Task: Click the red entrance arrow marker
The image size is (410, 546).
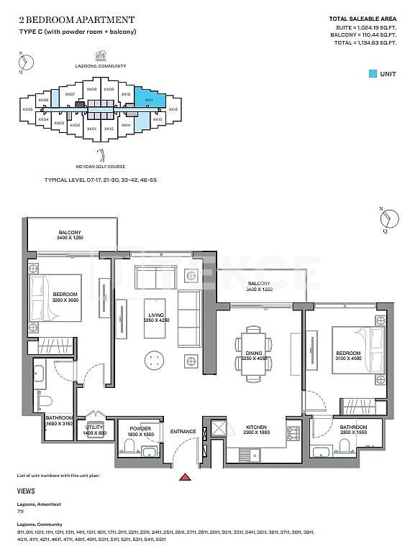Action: pyautogui.click(x=185, y=476)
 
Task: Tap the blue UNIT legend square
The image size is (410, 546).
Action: pyautogui.click(x=372, y=73)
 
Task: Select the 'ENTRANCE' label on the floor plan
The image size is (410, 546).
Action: pyautogui.click(x=183, y=431)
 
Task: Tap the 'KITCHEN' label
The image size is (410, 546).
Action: pyautogui.click(x=256, y=426)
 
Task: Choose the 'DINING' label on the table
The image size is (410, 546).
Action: pyautogui.click(x=254, y=353)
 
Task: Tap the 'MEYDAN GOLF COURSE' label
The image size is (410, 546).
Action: pyautogui.click(x=101, y=165)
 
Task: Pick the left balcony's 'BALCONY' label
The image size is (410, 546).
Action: pyautogui.click(x=69, y=232)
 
